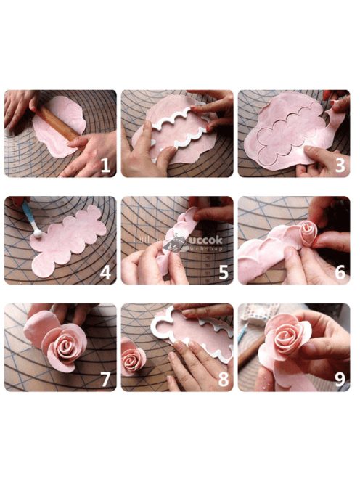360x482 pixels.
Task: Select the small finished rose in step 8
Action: click(x=134, y=358)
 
